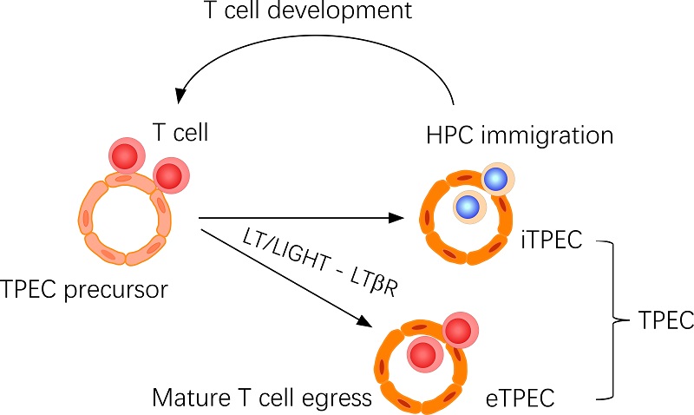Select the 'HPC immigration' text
point(520,136)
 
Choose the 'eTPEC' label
point(520,399)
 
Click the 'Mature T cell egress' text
point(261,399)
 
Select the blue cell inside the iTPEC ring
point(468,206)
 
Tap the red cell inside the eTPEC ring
point(422,355)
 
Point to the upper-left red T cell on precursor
point(128,156)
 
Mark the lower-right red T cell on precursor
point(170,175)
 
